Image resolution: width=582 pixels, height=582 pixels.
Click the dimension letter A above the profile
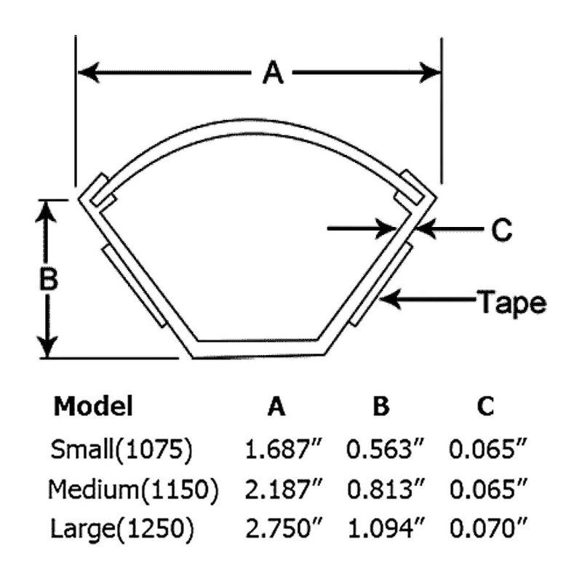coord(272,73)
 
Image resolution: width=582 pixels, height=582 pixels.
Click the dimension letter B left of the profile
coord(47,279)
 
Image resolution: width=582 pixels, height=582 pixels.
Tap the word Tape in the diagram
coord(511,300)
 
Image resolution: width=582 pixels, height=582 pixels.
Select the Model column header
coord(93,406)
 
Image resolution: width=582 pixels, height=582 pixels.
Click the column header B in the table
coord(381,407)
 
